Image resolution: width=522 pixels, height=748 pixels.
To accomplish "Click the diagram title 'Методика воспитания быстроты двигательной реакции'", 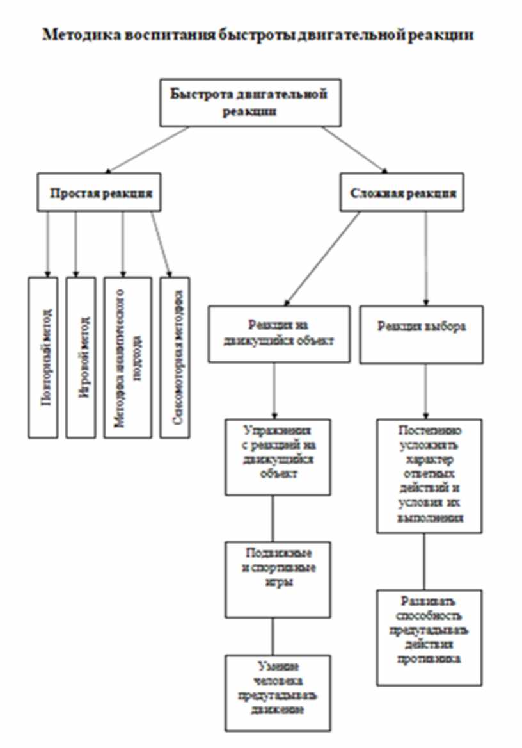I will (x=258, y=35).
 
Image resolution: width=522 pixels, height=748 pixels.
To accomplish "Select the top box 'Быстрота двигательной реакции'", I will (x=249, y=102).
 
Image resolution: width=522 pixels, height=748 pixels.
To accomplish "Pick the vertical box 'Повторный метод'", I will (x=47, y=357).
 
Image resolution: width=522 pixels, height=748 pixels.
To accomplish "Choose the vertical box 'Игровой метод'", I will (x=81, y=357).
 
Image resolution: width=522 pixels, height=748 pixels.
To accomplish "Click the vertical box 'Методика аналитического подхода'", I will (x=127, y=357).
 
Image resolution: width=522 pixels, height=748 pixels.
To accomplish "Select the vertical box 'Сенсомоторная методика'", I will (x=175, y=357).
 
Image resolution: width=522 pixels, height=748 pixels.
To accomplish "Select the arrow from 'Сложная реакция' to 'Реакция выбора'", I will (x=425, y=256).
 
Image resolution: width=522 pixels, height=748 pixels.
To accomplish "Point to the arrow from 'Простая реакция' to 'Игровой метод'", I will (x=76, y=243).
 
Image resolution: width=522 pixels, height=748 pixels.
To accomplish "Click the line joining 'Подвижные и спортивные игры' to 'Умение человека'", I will (x=273, y=635).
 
